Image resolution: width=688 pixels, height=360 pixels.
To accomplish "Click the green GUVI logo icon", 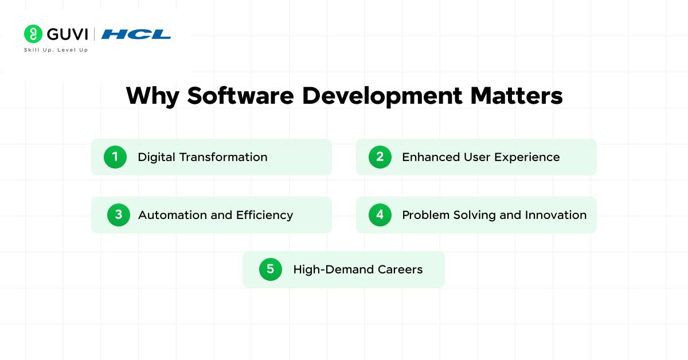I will [33, 34].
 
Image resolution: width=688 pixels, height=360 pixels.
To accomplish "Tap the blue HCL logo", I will [136, 34].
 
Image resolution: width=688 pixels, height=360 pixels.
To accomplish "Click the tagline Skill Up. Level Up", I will [56, 50].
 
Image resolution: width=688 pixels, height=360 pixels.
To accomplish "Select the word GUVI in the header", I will [67, 34].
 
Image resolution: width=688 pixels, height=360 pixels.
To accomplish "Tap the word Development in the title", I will [382, 96].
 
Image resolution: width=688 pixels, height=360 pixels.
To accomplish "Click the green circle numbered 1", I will [115, 156].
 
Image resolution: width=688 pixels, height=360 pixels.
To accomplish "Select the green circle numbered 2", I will [380, 156].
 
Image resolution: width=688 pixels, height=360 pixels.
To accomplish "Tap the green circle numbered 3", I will [119, 215].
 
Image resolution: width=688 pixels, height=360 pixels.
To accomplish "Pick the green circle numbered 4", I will [380, 215].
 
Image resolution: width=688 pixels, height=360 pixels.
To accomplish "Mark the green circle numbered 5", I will [271, 269].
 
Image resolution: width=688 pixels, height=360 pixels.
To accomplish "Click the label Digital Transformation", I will [202, 157].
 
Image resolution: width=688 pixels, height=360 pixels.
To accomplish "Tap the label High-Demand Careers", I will [358, 269].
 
